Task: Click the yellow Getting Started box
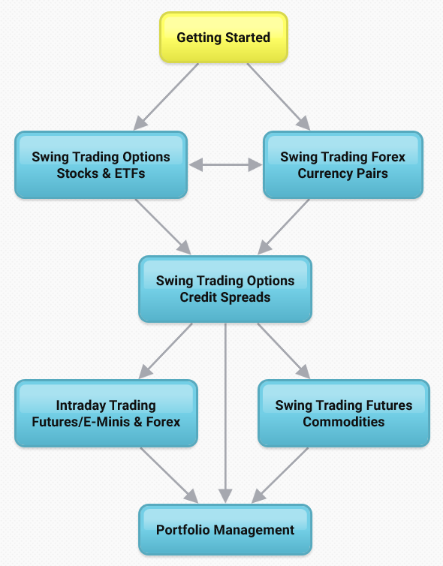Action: [x=224, y=38]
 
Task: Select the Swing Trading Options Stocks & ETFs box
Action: [x=101, y=165]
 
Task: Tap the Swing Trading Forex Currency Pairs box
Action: [x=343, y=165]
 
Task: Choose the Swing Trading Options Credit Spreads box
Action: [x=225, y=289]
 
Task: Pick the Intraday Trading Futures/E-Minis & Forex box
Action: [x=106, y=414]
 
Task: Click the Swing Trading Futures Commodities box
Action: [x=344, y=414]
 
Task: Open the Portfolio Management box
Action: [x=225, y=529]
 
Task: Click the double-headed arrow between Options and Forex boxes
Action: [x=225, y=165]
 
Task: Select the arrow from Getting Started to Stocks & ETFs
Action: [x=166, y=96]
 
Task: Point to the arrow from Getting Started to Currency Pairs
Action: [x=279, y=96]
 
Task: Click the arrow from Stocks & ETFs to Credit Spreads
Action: [x=163, y=227]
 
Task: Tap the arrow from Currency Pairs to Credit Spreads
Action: [x=284, y=227]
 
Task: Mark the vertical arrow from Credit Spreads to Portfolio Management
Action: [x=225, y=413]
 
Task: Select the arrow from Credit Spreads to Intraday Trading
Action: [x=166, y=351]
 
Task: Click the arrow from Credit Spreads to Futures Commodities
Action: [x=283, y=351]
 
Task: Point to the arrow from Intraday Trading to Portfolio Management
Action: [x=170, y=475]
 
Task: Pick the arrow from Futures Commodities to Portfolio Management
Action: [x=280, y=475]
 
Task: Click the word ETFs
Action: [x=130, y=173]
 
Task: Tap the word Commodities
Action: [x=344, y=422]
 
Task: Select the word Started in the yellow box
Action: [x=248, y=38]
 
